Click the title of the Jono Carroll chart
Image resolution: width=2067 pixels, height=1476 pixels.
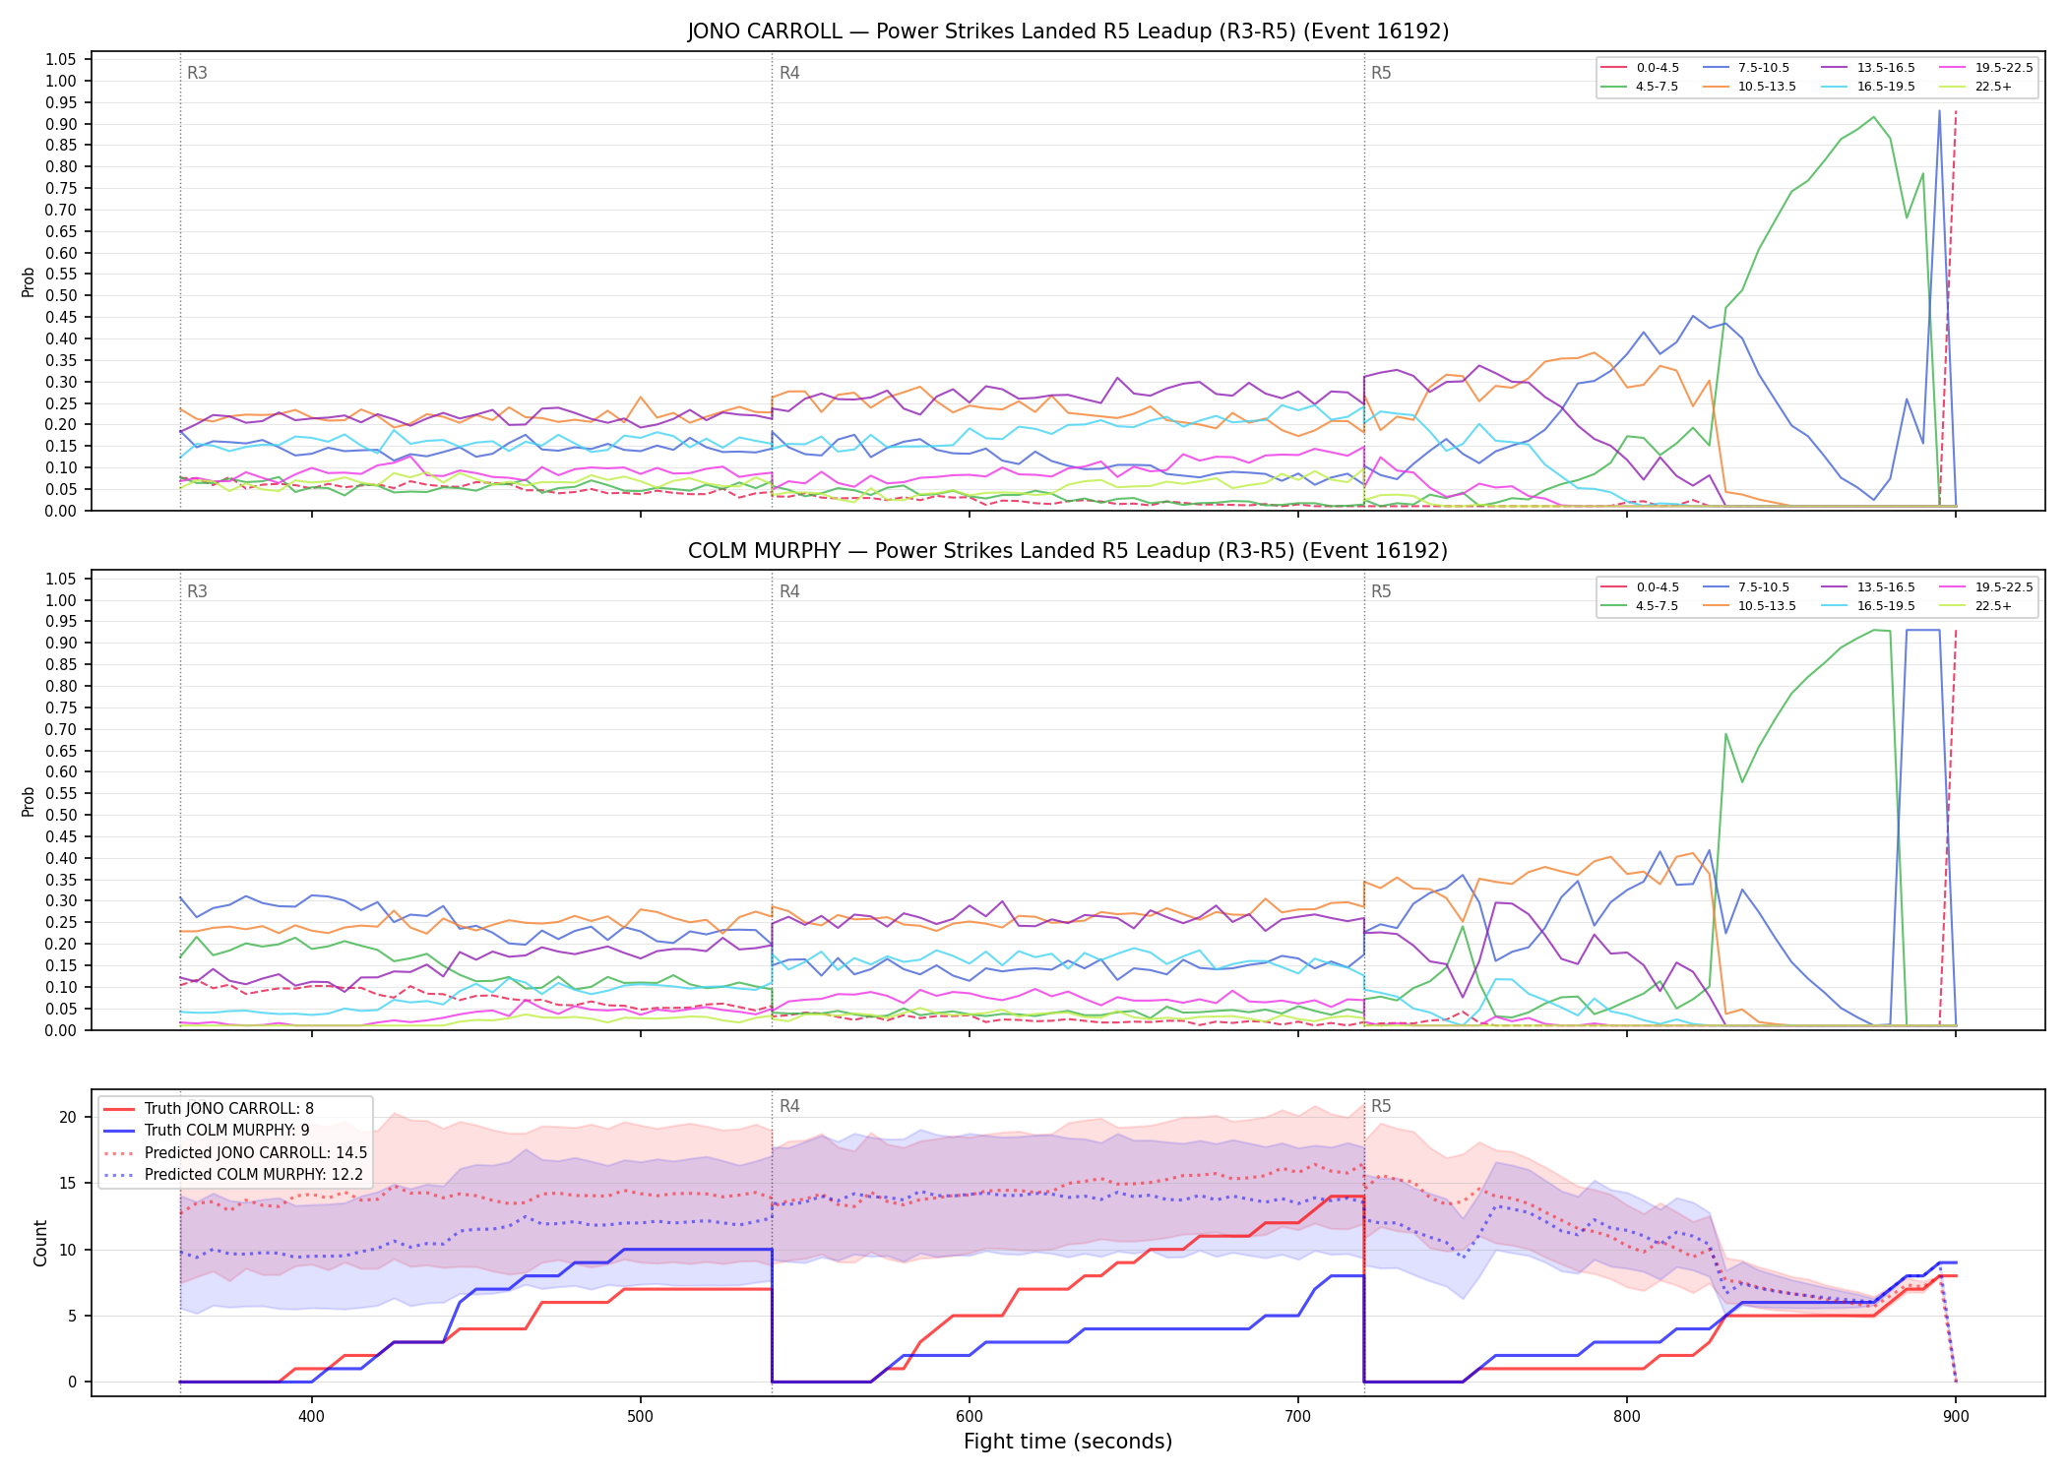tap(1068, 31)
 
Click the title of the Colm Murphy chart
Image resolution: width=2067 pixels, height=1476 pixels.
tap(1068, 551)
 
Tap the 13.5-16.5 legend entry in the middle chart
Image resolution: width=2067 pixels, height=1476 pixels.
tap(1868, 587)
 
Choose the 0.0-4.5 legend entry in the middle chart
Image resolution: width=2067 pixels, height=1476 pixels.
tap(1640, 587)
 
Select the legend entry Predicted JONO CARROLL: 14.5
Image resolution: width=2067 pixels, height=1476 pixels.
tap(234, 1152)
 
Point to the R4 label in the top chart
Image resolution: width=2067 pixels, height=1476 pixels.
tap(789, 73)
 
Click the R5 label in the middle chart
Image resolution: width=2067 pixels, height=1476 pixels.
tap(1381, 591)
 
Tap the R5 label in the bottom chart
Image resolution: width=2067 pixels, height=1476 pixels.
tap(1381, 1106)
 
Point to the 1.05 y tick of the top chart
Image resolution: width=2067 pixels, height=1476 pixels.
tap(61, 60)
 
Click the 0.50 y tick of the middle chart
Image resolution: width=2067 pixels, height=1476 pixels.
tap(61, 815)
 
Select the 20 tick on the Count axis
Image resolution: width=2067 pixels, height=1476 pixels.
tap(68, 1117)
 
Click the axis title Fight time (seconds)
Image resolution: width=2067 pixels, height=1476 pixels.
tap(1068, 1442)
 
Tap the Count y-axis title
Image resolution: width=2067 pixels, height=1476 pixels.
tap(40, 1243)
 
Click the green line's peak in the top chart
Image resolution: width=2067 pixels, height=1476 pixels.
tap(1873, 117)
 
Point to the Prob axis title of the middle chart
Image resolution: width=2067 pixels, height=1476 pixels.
tap(29, 801)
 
